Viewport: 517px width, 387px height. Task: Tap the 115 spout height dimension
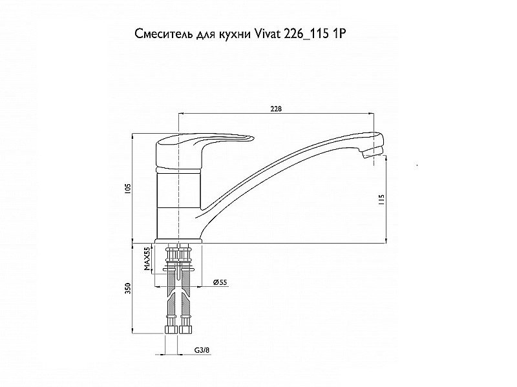pyautogui.click(x=381, y=200)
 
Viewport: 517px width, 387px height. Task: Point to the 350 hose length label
pyautogui.click(x=129, y=288)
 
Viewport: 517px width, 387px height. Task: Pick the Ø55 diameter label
pyautogui.click(x=220, y=282)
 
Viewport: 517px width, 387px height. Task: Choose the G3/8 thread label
pyautogui.click(x=202, y=350)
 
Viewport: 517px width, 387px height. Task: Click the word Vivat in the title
pyautogui.click(x=266, y=34)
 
